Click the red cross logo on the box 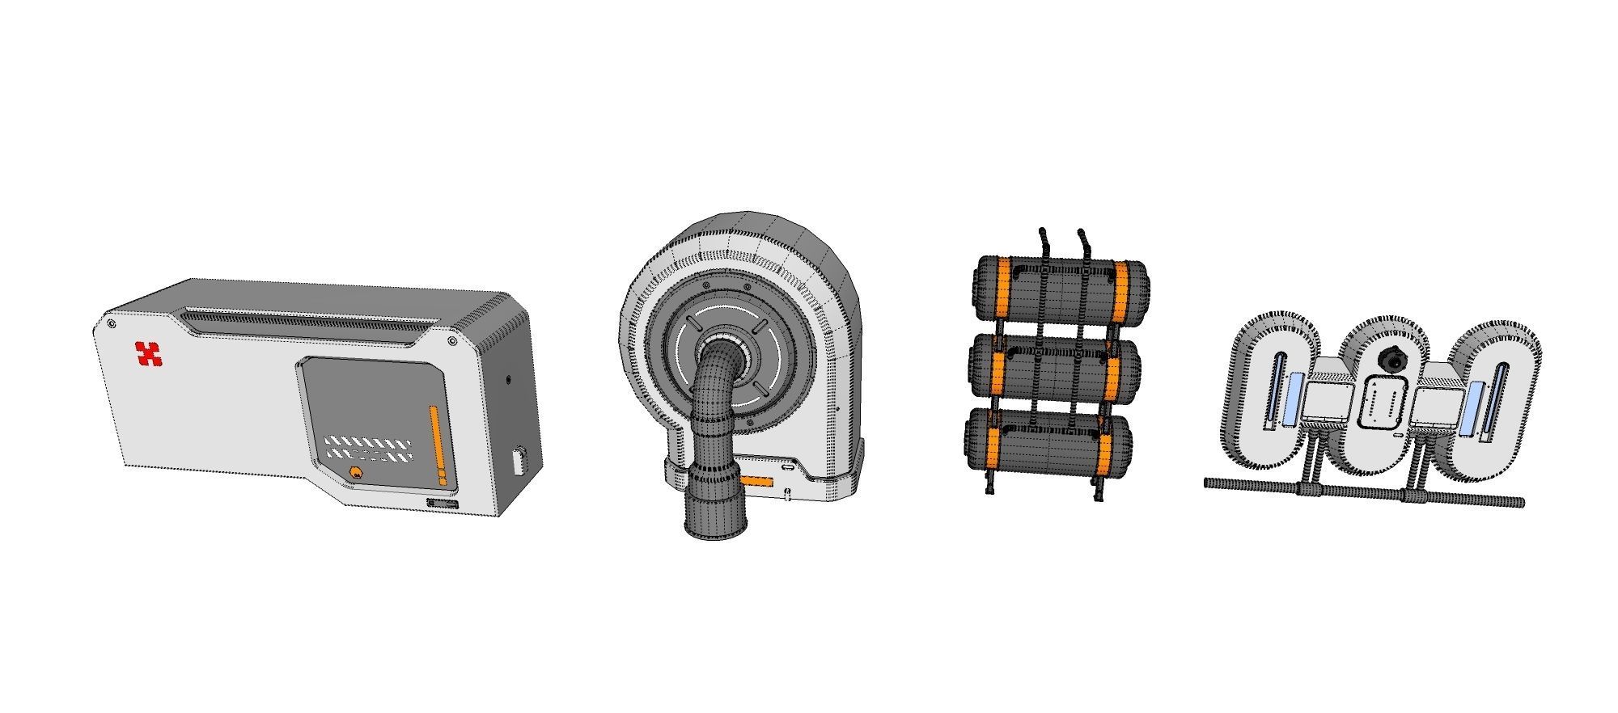148,354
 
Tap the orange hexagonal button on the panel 355,473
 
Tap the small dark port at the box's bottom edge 442,504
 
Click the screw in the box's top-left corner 111,323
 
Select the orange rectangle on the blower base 758,483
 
